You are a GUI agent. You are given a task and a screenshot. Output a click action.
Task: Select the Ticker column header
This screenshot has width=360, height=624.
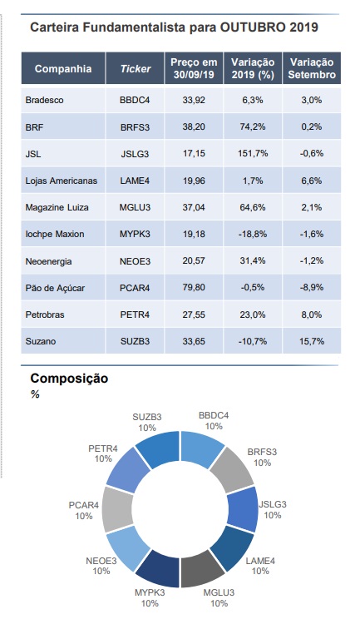136,68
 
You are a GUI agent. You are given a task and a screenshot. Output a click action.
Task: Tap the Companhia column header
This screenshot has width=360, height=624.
63,68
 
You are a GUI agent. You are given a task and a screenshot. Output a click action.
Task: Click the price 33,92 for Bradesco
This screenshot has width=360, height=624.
194,100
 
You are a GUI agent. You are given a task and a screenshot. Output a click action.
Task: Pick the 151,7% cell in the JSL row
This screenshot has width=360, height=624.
253,153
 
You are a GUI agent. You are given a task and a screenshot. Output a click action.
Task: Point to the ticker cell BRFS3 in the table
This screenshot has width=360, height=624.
135,127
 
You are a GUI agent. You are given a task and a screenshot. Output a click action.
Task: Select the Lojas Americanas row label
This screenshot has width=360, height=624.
62,181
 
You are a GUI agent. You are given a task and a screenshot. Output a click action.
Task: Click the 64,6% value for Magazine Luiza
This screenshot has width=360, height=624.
253,207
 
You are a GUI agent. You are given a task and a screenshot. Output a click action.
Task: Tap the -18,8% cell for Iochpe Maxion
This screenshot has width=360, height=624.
253,234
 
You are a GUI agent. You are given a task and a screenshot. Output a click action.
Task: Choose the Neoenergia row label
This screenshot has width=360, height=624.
48,261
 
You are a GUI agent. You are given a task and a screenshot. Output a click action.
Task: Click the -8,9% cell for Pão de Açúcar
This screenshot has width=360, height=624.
312,287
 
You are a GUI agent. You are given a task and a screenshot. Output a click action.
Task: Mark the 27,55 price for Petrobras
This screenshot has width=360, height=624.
194,314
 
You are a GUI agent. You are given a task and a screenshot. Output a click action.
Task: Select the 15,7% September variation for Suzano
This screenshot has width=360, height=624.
312,341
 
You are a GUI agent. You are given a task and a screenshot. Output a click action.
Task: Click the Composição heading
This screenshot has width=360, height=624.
69,378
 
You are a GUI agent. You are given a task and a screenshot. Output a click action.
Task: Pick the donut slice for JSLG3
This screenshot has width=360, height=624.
242,509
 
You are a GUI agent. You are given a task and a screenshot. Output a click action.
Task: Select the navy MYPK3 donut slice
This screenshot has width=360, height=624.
159,570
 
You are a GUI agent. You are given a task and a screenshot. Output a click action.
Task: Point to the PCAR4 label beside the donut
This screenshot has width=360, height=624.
83,505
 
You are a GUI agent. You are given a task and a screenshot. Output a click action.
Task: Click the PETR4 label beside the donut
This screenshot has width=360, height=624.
103,448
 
